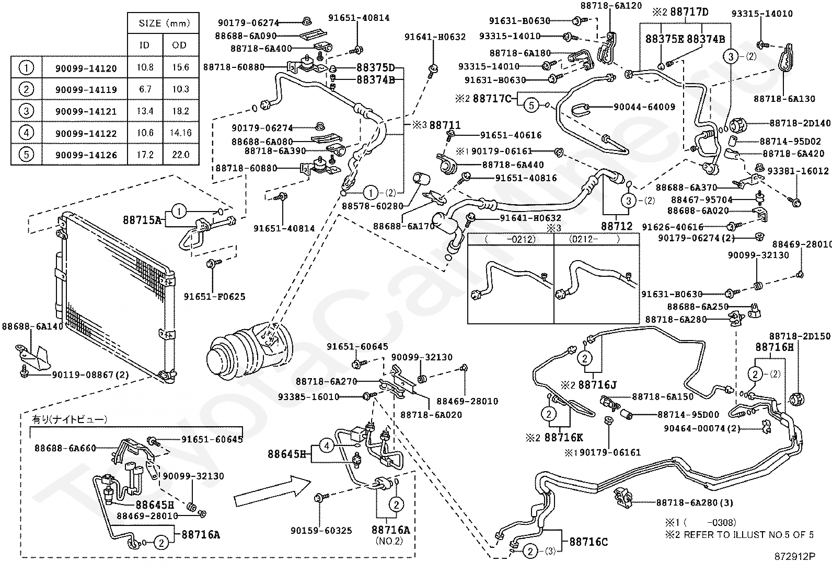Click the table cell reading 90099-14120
[86, 68]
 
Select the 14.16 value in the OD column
[180, 133]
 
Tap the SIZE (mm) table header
[164, 24]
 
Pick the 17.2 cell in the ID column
[145, 155]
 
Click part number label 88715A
[142, 220]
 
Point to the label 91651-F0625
[214, 296]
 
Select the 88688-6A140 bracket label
[32, 326]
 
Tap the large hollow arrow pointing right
[272, 491]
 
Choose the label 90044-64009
[644, 107]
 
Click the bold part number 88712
[617, 226]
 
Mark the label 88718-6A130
[784, 99]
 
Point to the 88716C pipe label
[588, 542]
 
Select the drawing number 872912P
[794, 556]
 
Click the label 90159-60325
[321, 530]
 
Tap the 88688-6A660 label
[65, 448]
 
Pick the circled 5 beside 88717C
[531, 106]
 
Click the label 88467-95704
[702, 200]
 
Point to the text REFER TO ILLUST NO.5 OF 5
[748, 535]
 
